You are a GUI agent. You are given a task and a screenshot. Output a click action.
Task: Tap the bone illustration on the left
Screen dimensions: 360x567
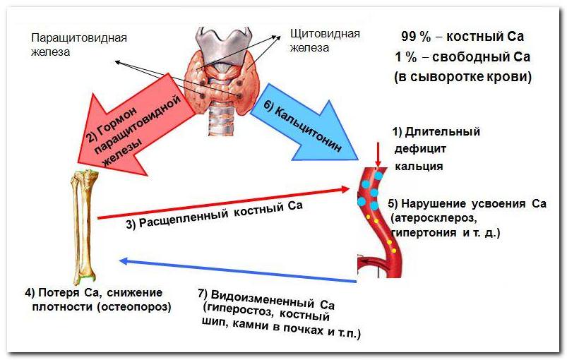(x=83, y=226)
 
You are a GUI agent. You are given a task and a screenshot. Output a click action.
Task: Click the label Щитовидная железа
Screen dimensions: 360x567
(x=325, y=40)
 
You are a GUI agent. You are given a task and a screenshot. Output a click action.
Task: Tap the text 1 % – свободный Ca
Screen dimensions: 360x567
(x=462, y=56)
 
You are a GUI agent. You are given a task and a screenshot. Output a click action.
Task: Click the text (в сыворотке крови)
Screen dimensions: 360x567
(x=462, y=76)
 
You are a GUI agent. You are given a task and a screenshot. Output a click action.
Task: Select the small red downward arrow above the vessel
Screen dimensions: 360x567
(x=378, y=154)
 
